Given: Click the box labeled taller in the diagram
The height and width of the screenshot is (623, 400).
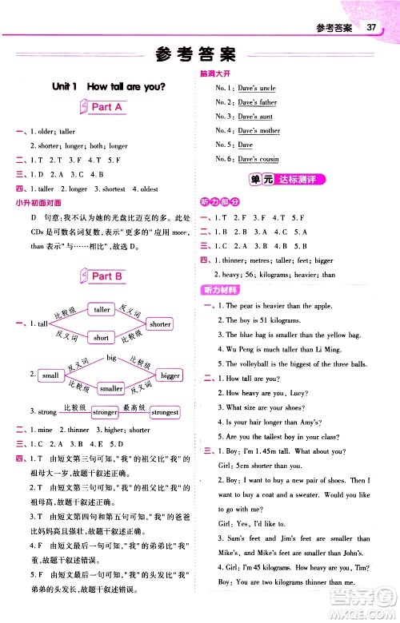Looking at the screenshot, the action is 102,310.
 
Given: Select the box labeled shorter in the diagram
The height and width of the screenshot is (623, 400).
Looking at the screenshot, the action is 160,323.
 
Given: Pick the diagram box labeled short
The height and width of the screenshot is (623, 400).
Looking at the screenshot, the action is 101,337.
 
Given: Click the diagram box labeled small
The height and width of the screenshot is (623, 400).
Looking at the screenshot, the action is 50,375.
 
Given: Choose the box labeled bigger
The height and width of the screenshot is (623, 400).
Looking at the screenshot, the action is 170,375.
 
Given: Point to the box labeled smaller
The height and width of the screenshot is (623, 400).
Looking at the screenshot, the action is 111,388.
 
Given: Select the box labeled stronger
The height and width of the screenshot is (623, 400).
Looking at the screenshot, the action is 105,412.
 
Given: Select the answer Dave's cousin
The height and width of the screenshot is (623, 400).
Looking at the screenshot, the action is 258,160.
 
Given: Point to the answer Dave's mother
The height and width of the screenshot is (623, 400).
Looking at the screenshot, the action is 259,131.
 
